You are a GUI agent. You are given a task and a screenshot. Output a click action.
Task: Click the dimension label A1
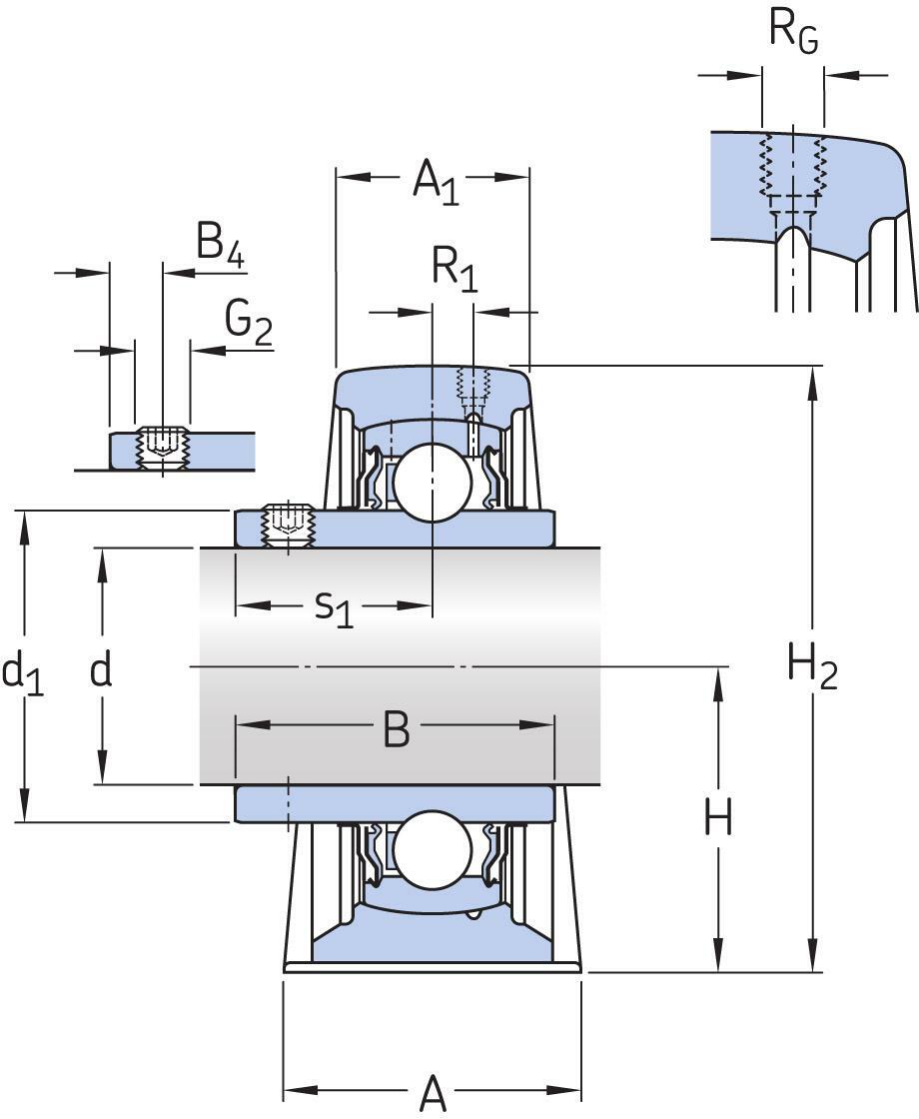point(436,182)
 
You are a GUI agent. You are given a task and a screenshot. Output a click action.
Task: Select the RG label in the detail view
point(793,31)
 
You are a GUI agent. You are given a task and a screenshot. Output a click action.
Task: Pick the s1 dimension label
point(334,607)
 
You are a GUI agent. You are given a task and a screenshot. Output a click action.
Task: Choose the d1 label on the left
point(22,672)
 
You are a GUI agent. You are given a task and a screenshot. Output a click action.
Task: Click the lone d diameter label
point(101,671)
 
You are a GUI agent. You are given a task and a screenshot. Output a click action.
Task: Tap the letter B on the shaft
point(397,731)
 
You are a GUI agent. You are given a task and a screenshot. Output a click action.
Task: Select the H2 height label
point(811,666)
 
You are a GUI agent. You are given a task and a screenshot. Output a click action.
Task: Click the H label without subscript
point(717,819)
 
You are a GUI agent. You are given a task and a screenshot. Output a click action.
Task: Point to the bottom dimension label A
point(433,1092)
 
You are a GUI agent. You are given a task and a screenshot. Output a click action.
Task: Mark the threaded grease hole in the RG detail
point(792,170)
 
